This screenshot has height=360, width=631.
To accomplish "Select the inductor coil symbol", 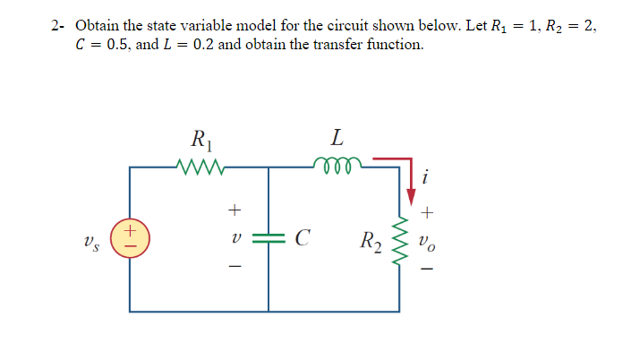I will pos(337,164).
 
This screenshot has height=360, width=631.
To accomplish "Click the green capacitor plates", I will pos(269,238).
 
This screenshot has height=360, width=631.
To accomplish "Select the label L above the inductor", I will pos(337,138).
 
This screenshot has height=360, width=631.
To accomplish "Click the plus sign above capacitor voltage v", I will pos(234,211).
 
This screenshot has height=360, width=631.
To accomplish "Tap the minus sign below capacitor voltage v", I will pos(234,267).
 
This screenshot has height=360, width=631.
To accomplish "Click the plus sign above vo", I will pos(430,213).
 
